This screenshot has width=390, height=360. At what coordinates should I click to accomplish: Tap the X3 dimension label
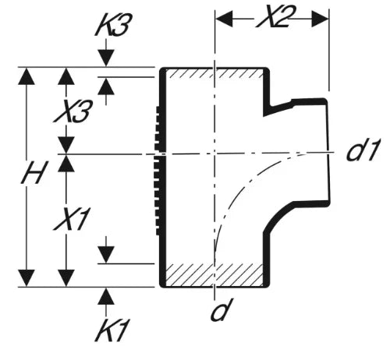pos(73,111)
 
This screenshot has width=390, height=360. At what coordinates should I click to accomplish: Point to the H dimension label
pos(34,172)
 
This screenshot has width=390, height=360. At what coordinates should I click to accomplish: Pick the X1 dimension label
pos(72,219)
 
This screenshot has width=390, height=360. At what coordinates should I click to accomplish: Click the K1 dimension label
pos(112,330)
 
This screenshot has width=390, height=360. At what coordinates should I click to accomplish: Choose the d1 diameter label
pos(363,150)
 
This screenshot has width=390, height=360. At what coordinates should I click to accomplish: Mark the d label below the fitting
pos(221,309)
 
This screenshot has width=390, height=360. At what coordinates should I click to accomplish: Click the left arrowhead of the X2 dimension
pos(224,19)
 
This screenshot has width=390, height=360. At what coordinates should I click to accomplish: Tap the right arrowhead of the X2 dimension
pos(320,19)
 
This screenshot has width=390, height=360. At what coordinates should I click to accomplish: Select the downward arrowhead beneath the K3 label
pos(106,58)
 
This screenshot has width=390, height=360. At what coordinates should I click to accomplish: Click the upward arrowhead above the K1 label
pos(106,296)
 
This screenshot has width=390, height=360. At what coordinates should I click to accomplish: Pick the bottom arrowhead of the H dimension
pos(27,278)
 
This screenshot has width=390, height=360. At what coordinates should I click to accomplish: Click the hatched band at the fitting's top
pos(214,73)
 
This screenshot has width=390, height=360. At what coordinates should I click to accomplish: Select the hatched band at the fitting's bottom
pos(214,274)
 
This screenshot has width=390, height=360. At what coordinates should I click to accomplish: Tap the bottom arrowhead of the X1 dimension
pos(66,278)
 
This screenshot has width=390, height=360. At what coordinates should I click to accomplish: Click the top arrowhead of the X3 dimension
pos(66,76)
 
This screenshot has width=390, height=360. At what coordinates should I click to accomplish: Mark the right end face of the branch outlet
pos(328,153)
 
